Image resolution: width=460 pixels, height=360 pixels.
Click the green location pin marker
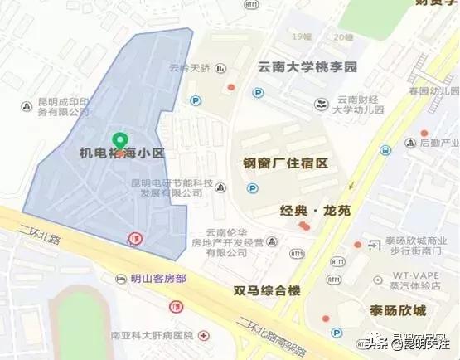pos(120,141)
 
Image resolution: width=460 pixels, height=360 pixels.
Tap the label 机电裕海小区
pos(123,154)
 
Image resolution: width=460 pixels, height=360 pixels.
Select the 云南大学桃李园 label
pos(307,66)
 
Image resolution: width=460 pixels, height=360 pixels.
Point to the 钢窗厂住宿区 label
pos(286,163)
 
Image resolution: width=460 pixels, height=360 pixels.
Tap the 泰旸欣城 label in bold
pos(398,310)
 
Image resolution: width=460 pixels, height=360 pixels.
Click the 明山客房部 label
pos(158,278)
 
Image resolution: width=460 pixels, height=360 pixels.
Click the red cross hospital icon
pos(204,336)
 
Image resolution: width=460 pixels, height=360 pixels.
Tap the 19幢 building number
pos(302,36)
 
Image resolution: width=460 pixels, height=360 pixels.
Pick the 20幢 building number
pos(341,36)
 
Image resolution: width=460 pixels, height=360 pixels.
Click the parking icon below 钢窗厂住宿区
pos(252,189)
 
